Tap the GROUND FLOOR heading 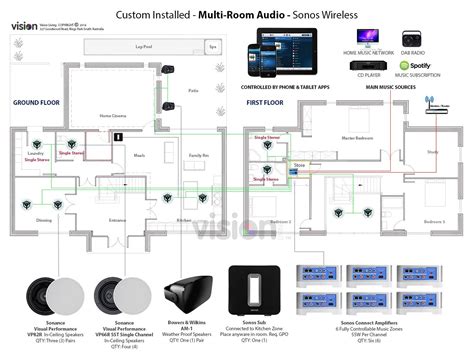(37, 103)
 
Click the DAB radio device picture (413, 37)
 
